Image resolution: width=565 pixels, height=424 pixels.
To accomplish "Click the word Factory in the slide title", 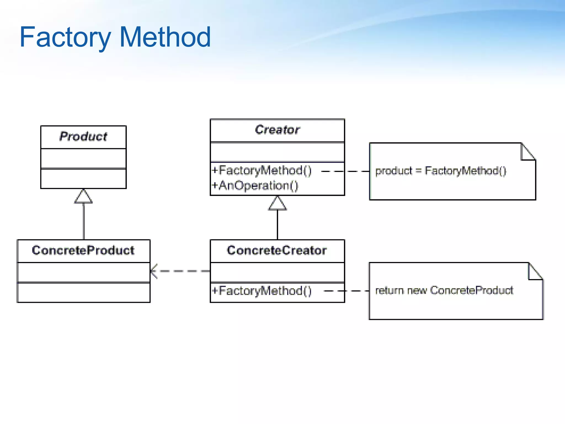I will [x=65, y=37].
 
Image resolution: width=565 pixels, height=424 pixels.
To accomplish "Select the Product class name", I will [x=83, y=137].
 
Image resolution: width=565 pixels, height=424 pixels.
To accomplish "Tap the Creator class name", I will [x=277, y=130].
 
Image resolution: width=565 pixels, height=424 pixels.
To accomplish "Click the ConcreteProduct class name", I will [x=83, y=250].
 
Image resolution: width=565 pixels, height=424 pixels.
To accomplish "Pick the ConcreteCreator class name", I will [x=277, y=250].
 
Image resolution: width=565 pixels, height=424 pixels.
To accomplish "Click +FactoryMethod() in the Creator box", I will [x=262, y=170].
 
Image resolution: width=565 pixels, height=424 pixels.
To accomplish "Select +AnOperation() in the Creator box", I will [x=255, y=185].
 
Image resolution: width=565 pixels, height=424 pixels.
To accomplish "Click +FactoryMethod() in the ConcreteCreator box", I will [x=262, y=291].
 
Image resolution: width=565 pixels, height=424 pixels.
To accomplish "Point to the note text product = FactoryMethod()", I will [x=441, y=171].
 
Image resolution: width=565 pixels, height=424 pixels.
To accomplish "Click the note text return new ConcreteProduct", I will [x=444, y=290].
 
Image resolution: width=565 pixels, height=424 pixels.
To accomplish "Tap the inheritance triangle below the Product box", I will [x=83, y=197].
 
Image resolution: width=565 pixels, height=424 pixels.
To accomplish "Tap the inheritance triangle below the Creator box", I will [x=277, y=204].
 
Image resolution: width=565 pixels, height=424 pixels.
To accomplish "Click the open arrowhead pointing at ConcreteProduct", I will [x=153, y=271].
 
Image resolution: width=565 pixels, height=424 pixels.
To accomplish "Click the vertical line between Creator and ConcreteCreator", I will [x=277, y=225].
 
